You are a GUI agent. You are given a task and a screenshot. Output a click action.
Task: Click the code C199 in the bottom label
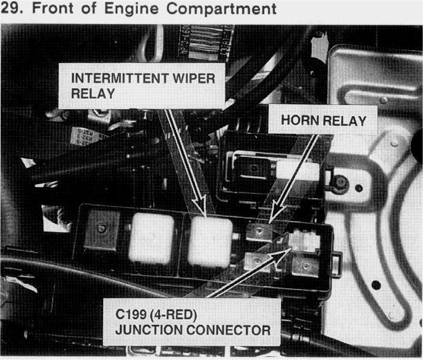tap(133, 314)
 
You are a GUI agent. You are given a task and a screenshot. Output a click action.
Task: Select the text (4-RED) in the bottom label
tap(179, 314)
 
